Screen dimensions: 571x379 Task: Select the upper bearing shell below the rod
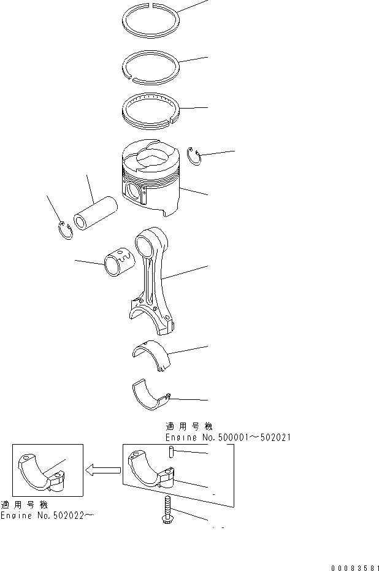[x=151, y=355]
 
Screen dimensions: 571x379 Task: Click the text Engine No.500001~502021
[x=228, y=437]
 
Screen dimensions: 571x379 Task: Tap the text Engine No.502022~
[x=47, y=516]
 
